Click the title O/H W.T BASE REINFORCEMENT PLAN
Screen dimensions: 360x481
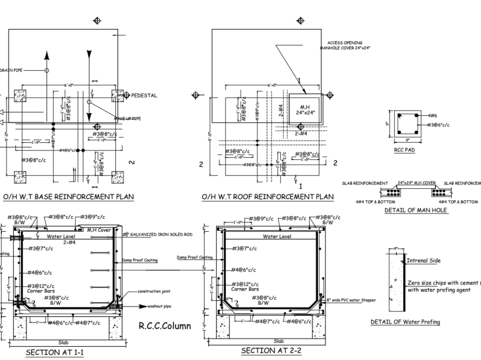68,197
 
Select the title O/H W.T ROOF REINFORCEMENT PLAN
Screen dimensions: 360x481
267,197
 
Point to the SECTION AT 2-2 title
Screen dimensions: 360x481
271,350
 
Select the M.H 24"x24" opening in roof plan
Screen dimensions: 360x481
305,109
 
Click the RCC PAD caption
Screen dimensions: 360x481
405,149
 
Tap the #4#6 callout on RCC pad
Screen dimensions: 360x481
432,116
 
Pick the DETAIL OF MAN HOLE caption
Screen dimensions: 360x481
416,210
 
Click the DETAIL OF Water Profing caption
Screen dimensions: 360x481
405,322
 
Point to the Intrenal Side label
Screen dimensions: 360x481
423,261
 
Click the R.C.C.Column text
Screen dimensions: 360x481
165,326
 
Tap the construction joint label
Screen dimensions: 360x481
154,291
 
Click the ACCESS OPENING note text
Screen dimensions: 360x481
345,43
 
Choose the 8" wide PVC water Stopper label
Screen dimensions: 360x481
351,300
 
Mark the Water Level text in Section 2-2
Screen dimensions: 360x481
277,236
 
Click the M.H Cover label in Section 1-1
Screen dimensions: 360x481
99,230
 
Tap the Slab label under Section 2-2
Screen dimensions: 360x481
278,341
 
